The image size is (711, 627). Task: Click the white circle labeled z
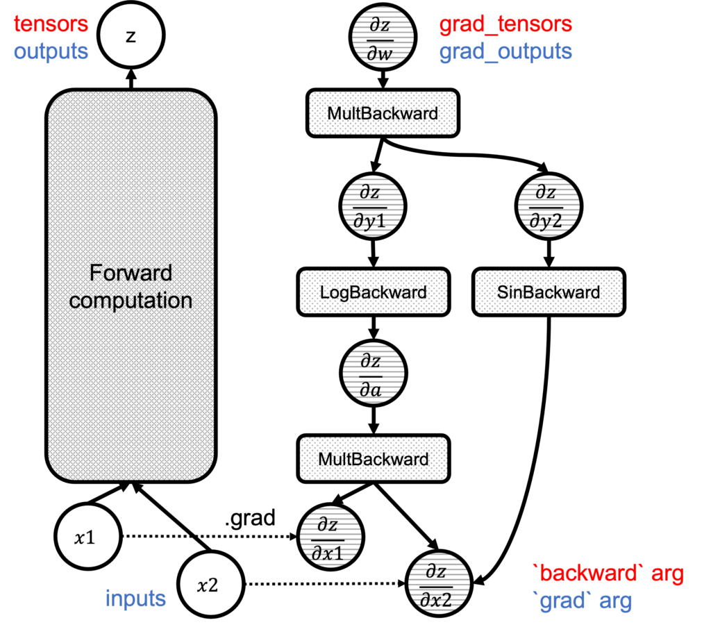[x=131, y=36]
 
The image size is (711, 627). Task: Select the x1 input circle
[x=87, y=537]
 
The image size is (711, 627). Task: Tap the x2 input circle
[x=210, y=585]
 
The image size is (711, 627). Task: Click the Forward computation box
[x=131, y=285]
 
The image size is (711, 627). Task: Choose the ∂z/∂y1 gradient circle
[x=373, y=206]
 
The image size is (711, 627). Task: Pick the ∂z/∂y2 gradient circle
[x=549, y=206]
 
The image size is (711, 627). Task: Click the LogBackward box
[x=373, y=292]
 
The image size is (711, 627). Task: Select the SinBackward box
[x=549, y=292]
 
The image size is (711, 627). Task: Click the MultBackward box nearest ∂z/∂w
[x=383, y=112]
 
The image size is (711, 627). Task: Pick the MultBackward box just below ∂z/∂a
[x=373, y=459]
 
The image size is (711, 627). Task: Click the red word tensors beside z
[x=51, y=24]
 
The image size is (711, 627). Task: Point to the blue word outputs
[x=51, y=51]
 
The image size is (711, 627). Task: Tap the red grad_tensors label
[x=505, y=24]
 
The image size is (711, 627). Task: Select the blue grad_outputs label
[x=505, y=51]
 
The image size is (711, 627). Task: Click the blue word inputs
[x=135, y=599]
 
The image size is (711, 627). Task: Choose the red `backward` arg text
[x=608, y=574]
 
